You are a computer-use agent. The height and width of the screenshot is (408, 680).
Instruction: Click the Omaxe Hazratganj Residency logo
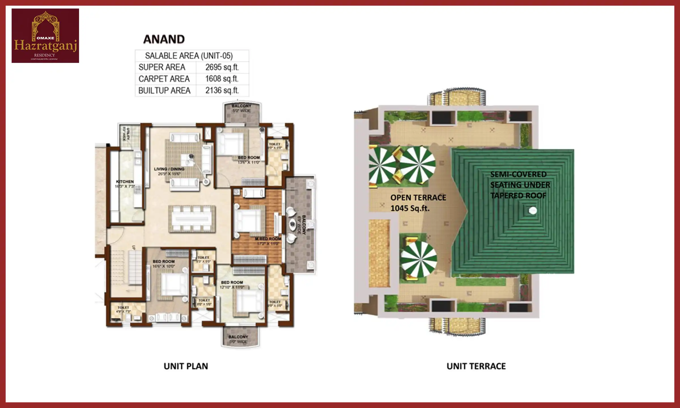[x=45, y=36]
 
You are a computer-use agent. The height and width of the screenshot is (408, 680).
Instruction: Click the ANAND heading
[x=164, y=39]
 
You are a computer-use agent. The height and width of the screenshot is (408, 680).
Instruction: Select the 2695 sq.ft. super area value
[x=222, y=67]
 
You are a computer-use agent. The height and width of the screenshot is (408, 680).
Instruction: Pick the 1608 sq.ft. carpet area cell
[x=222, y=79]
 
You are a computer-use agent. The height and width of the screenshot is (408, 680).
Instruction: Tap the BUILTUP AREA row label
[x=164, y=91]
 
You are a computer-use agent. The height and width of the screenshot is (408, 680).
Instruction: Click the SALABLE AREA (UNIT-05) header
[x=189, y=56]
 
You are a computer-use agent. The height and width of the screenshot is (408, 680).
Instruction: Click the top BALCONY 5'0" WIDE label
[x=241, y=108]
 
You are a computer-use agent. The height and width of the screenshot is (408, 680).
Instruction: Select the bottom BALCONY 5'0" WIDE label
[x=238, y=339]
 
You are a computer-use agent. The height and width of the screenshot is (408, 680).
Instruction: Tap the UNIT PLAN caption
[x=186, y=366]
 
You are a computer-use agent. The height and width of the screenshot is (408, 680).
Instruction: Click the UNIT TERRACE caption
[x=476, y=366]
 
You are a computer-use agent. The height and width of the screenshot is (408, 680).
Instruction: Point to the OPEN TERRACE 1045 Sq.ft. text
[x=418, y=203]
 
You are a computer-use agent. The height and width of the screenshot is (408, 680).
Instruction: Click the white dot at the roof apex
[x=533, y=211]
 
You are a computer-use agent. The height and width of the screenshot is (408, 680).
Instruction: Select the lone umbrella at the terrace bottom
[x=418, y=259]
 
